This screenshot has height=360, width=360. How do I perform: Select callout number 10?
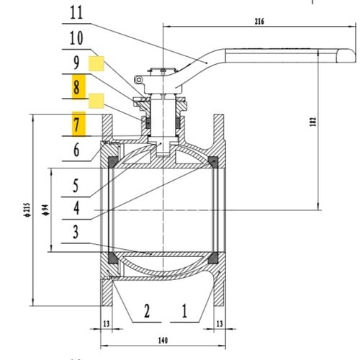(x=77, y=37)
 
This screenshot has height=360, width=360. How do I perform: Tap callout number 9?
(x=77, y=63)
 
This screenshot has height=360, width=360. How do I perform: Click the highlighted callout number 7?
(x=77, y=124)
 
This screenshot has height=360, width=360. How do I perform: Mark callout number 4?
(x=77, y=208)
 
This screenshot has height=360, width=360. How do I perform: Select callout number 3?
(x=77, y=233)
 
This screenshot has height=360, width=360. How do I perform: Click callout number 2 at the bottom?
(x=146, y=311)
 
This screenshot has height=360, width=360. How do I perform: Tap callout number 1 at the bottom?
(x=184, y=311)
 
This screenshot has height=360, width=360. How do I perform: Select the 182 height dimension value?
(x=312, y=122)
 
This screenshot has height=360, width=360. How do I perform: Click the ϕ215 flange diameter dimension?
(x=25, y=209)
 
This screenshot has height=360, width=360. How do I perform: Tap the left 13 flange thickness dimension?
(x=106, y=324)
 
